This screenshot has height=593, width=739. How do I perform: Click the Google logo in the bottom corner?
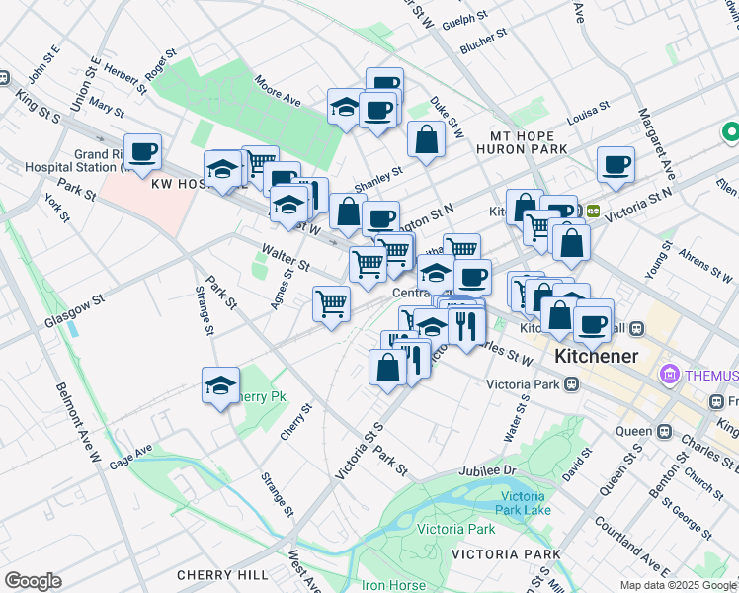tap(33, 581)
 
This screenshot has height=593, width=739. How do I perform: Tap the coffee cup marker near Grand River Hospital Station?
tap(142, 151)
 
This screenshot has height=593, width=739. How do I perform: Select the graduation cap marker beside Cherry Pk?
tap(220, 385)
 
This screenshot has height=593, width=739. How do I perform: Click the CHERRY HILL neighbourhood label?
tap(222, 575)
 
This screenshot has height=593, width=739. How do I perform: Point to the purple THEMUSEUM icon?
tap(671, 376)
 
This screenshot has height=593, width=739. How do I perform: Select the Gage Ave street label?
tap(131, 455)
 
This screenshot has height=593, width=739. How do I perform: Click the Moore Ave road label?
tap(277, 93)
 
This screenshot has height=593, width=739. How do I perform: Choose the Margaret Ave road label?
tap(655, 138)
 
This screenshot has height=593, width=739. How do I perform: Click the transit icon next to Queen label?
tap(663, 430)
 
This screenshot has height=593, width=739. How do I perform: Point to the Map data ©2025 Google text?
tap(678, 585)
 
